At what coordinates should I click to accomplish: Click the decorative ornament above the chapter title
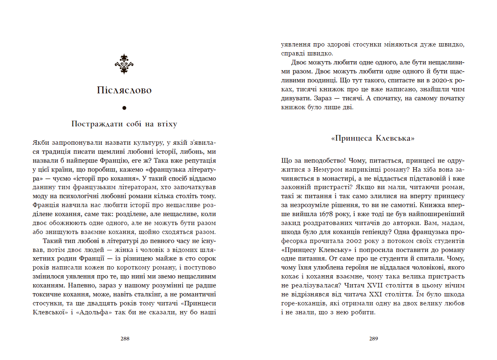(x=124, y=64)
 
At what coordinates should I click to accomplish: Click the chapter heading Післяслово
(x=124, y=90)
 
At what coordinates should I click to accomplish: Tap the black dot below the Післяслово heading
(x=124, y=108)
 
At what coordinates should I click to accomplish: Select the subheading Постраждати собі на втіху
(x=124, y=124)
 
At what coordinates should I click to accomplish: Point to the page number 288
(x=125, y=338)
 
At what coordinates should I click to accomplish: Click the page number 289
(x=373, y=338)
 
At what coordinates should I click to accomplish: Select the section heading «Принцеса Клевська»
(x=373, y=139)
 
